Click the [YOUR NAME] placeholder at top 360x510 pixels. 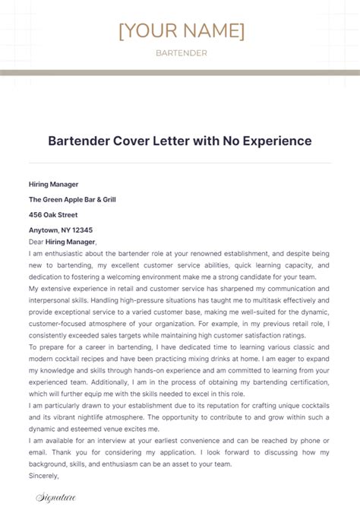(x=181, y=30)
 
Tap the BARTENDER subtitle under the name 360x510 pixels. (x=181, y=53)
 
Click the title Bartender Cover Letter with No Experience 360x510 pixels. (x=180, y=141)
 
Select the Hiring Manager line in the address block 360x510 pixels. (x=54, y=184)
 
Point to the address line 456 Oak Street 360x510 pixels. (x=53, y=214)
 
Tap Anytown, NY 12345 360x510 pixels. (x=61, y=230)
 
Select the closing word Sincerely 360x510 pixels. (x=44, y=477)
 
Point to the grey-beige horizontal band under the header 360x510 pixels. (x=180, y=73)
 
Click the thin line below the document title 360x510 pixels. (x=180, y=162)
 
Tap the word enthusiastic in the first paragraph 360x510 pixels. (x=67, y=254)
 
